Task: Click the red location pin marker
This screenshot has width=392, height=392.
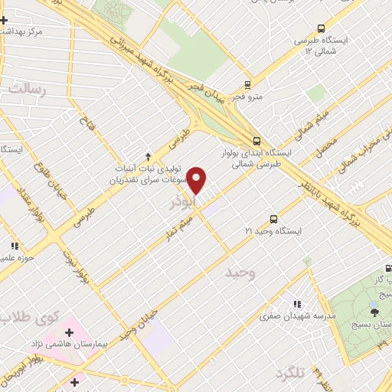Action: tap(198, 181)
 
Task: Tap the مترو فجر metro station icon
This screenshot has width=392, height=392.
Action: tap(247, 85)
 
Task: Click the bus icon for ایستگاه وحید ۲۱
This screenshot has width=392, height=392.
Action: tap(274, 219)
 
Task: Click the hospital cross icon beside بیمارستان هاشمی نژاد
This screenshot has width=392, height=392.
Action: tap(69, 333)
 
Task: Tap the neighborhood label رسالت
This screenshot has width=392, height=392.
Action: tap(28, 90)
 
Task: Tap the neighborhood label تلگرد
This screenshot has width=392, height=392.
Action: tap(290, 372)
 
